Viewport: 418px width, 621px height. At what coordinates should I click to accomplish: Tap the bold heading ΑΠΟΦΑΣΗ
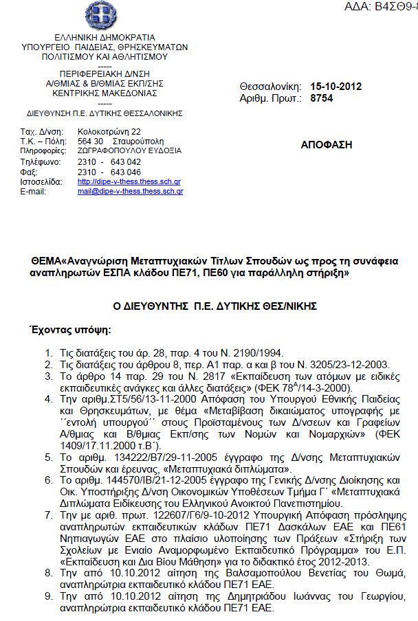click(x=327, y=145)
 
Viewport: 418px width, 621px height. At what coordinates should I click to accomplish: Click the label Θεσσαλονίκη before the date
click(x=270, y=87)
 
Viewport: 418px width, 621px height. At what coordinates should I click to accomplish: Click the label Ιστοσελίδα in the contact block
click(x=41, y=182)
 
